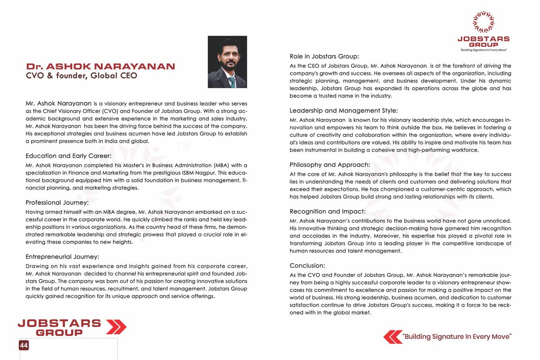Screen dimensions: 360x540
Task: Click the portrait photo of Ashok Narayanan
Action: tap(227, 62)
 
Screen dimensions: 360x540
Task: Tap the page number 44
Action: tap(24, 345)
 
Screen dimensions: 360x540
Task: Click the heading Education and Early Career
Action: tap(68, 156)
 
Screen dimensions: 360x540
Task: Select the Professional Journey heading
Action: tap(57, 202)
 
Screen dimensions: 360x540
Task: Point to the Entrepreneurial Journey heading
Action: tap(62, 257)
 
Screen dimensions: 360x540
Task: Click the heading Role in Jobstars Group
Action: tap(324, 57)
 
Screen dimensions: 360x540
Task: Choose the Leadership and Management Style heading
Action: tap(344, 110)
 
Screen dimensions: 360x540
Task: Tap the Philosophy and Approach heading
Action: tap(330, 165)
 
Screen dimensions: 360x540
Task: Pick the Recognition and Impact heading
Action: tap(328, 211)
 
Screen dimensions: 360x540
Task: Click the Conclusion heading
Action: tap(307, 265)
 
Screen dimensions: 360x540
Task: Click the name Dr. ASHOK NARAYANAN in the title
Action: tap(100, 67)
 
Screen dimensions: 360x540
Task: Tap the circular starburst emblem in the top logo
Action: tap(483, 22)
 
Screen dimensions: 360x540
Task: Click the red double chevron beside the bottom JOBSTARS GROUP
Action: tap(116, 327)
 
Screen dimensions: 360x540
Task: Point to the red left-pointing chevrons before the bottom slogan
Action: tap(392, 337)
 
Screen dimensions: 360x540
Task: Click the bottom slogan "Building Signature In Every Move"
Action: tap(457, 337)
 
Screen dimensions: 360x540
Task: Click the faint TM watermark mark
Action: tap(184, 146)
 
